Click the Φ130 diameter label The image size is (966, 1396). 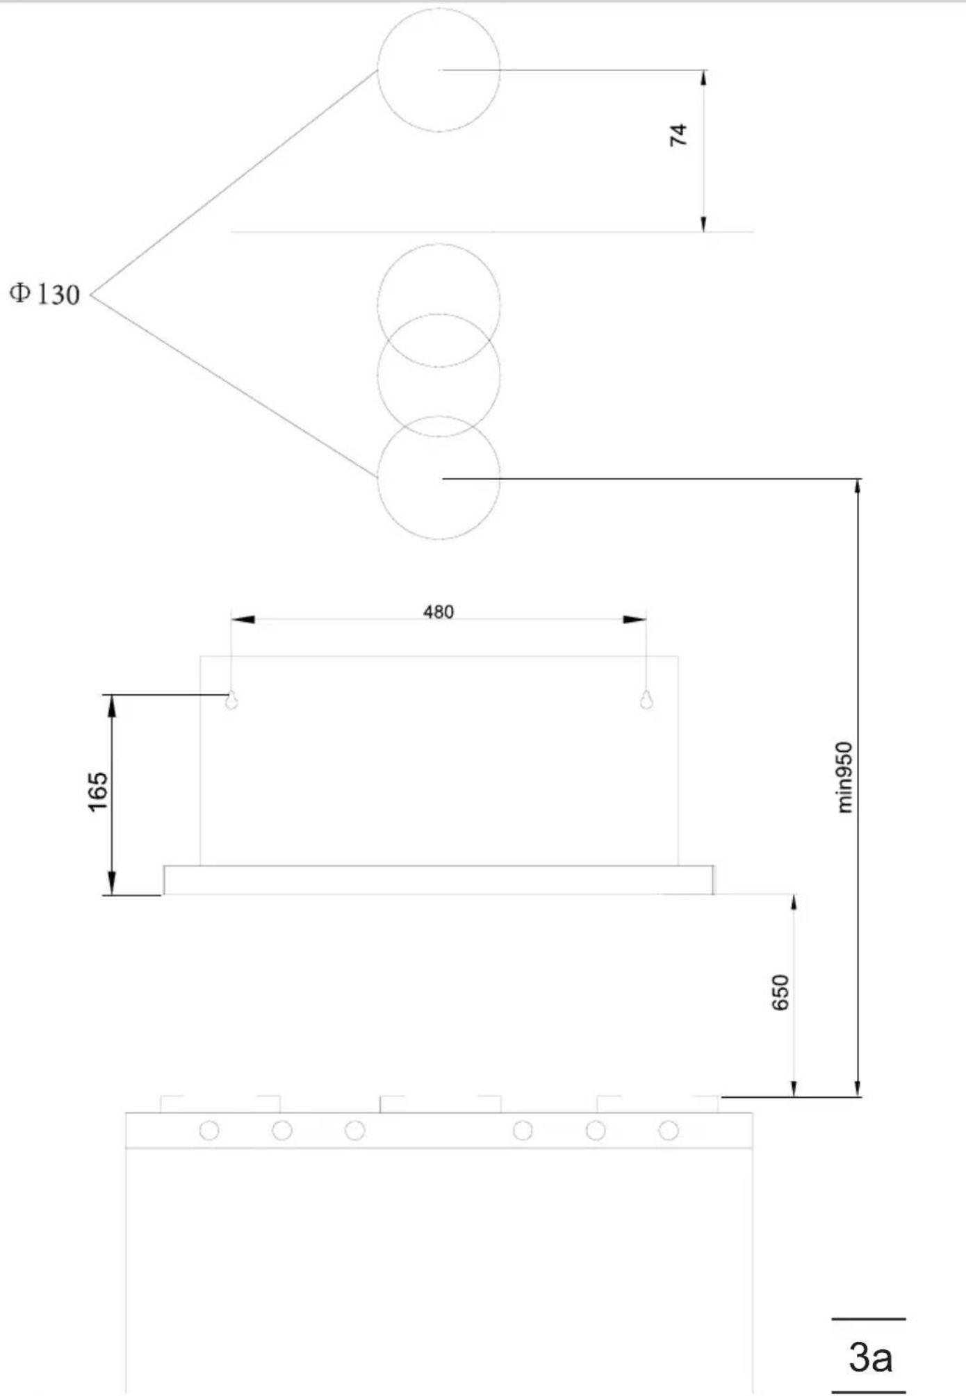(44, 294)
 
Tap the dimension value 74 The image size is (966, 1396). (678, 134)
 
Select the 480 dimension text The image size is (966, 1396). (439, 611)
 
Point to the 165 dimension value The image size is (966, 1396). (98, 791)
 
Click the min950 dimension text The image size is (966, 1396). (844, 777)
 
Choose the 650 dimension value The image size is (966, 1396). (780, 992)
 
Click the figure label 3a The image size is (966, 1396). (870, 1356)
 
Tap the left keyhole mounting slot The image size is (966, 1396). (231, 700)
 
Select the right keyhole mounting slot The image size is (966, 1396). (646, 700)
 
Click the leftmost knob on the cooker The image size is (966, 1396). (209, 1131)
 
